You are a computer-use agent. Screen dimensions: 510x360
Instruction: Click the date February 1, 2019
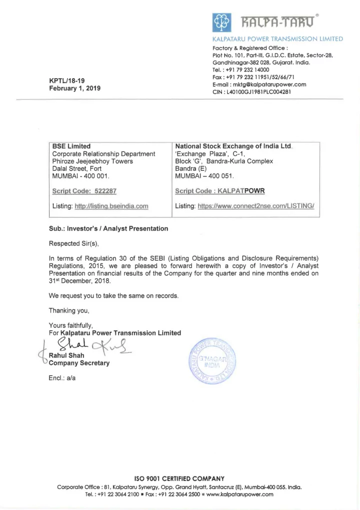[74, 89]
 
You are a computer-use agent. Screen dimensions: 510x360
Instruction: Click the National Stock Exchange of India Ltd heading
[233, 147]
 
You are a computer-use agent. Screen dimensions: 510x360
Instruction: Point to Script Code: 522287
[84, 191]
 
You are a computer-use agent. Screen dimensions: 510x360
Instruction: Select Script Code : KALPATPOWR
[219, 191]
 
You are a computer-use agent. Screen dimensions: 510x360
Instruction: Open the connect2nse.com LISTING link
[258, 206]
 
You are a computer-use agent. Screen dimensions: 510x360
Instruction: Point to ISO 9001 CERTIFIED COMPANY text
[179, 478]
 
